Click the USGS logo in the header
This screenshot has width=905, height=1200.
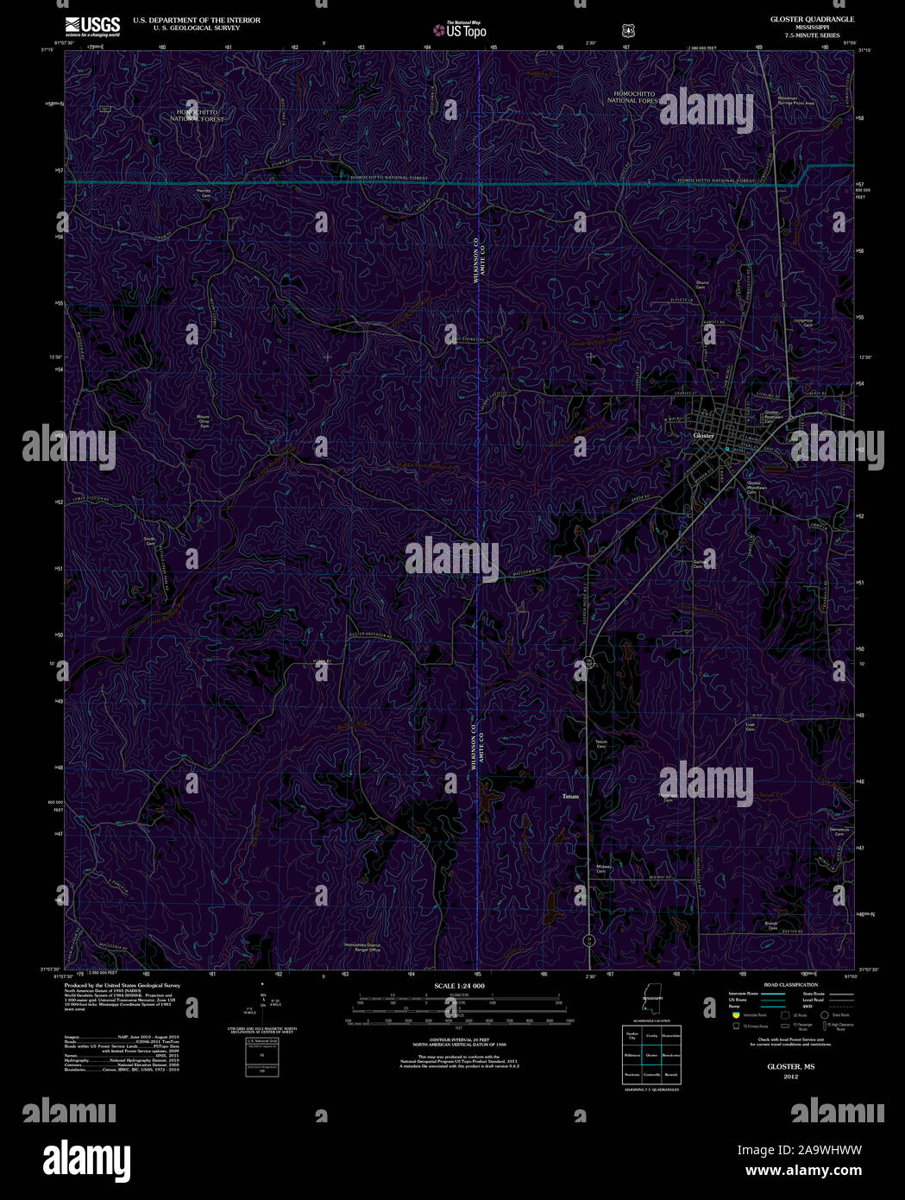coord(91,25)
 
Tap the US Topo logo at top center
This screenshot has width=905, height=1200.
coord(461,30)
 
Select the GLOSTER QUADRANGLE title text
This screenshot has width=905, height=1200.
coord(800,19)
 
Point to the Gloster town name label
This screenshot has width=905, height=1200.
coord(704,436)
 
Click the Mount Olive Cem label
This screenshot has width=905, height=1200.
coord(204,421)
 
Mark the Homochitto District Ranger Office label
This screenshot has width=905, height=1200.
coord(362,947)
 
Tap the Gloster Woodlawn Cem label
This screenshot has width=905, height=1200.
coord(756,487)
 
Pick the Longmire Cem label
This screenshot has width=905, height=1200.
coord(803,322)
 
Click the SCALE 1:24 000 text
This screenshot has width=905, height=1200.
coord(459,985)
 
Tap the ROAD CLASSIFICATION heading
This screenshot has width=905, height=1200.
coord(790,984)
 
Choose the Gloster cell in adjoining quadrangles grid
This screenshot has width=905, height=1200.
coord(651,1054)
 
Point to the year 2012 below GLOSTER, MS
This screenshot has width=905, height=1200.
coord(791,1077)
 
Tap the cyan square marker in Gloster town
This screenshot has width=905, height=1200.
coord(727,450)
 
